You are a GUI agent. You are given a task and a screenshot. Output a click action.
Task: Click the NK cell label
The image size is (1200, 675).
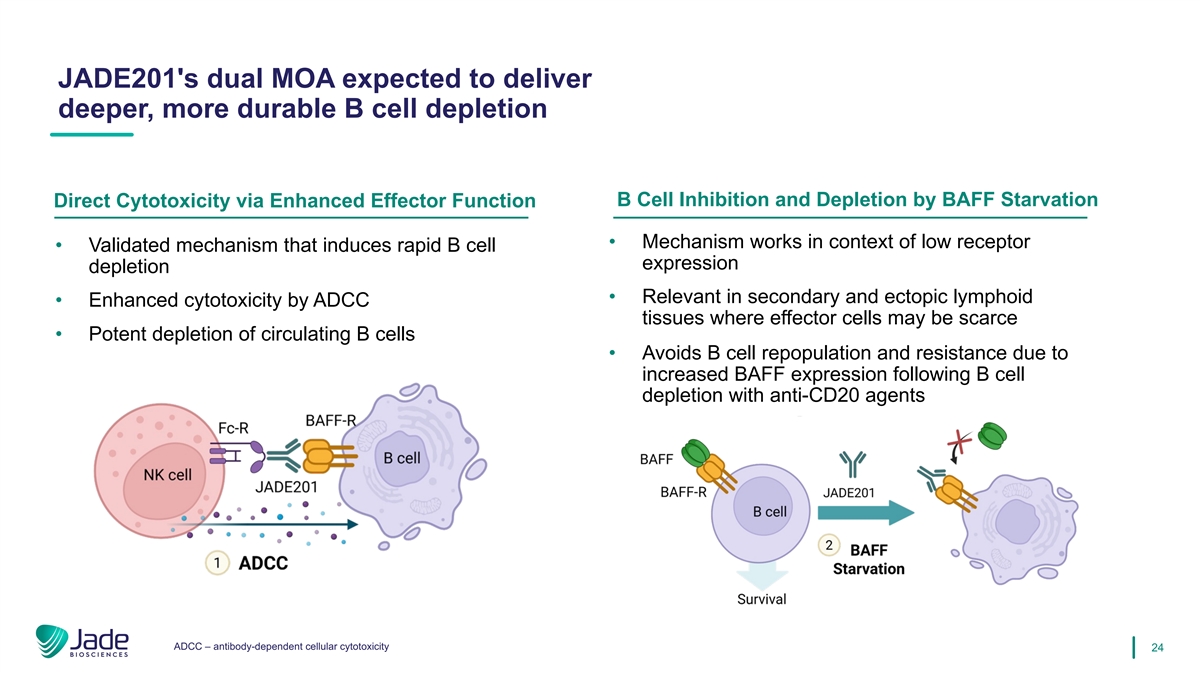(x=167, y=475)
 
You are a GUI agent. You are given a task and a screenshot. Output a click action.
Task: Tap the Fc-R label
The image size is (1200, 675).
(x=233, y=428)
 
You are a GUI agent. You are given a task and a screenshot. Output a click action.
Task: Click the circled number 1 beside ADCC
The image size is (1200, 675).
(x=217, y=563)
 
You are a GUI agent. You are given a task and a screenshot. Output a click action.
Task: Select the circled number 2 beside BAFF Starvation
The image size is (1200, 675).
(x=829, y=545)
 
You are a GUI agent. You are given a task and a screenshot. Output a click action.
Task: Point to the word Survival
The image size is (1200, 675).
(x=761, y=599)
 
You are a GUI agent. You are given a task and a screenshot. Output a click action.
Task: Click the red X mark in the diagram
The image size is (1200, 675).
(x=959, y=442)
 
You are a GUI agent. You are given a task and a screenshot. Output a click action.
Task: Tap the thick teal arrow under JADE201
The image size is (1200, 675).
(x=866, y=513)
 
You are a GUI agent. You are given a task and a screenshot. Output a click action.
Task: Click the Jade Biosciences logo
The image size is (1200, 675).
(x=82, y=641)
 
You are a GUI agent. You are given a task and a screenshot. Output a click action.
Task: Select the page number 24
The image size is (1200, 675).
(x=1157, y=648)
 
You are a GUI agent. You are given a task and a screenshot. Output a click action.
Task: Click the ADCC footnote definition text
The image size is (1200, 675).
(x=281, y=647)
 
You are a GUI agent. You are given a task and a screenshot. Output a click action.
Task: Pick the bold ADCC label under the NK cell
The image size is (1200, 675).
(x=263, y=563)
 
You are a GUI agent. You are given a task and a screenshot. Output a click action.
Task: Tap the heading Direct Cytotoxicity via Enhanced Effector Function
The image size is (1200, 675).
(x=295, y=200)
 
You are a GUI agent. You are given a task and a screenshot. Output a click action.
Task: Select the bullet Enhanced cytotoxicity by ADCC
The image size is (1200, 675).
(x=229, y=300)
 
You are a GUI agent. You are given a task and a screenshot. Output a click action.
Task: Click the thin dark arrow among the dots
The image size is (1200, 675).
(x=265, y=524)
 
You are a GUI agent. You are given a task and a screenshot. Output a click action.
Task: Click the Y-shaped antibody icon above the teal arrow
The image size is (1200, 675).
(x=852, y=464)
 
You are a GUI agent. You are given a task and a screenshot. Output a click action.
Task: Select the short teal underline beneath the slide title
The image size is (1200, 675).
(x=92, y=134)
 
